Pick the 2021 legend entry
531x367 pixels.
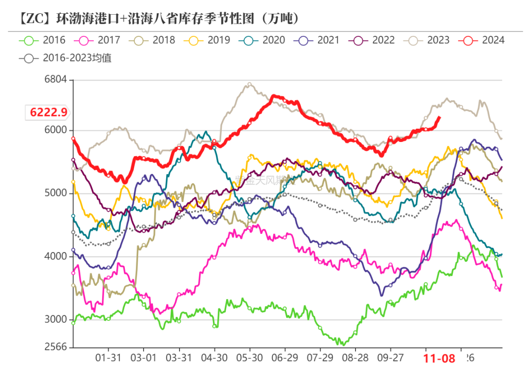pos(317,40)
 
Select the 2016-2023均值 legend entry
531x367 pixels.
pos(66,58)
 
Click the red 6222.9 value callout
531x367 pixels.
pos(48,113)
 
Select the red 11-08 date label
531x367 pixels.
pos(440,358)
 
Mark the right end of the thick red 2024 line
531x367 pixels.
pos(440,117)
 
